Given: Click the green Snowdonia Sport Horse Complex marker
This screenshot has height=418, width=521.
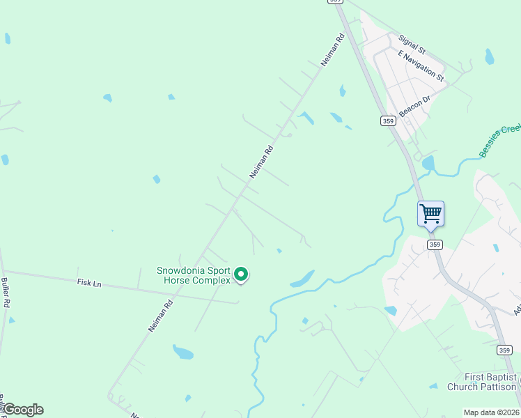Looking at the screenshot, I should pyautogui.click(x=241, y=275).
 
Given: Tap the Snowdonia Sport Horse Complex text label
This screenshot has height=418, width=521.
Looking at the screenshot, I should pyautogui.click(x=193, y=275).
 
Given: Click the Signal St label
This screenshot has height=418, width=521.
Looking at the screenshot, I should pyautogui.click(x=412, y=45).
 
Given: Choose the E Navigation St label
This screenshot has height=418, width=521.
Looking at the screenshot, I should pyautogui.click(x=420, y=64).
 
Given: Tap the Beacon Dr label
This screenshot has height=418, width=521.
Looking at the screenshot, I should pyautogui.click(x=416, y=107).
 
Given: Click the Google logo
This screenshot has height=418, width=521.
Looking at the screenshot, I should pyautogui.click(x=22, y=410).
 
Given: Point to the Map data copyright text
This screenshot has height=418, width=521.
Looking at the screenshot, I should pyautogui.click(x=490, y=412).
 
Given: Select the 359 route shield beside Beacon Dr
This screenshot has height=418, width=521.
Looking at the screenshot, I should pyautogui.click(x=388, y=121).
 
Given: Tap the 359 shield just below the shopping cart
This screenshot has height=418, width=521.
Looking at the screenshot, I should pyautogui.click(x=435, y=245).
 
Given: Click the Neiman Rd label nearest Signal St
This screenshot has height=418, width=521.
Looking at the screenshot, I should pyautogui.click(x=333, y=50).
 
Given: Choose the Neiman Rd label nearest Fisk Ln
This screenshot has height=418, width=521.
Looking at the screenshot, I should pyautogui.click(x=160, y=315).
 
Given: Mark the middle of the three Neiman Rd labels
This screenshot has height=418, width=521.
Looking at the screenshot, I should pyautogui.click(x=262, y=161).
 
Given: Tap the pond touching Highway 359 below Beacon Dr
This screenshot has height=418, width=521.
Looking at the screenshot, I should pyautogui.click(x=428, y=163).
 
